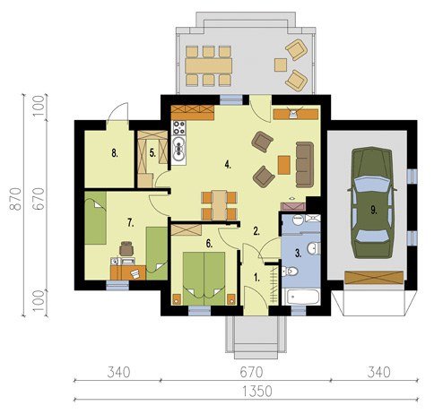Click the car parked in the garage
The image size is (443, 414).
coord(371,203)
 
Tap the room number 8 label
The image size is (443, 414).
coord(115,153)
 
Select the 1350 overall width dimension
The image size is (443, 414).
coord(257,392)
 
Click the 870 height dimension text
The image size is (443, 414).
coord(15,199)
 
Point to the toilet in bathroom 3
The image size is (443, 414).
coord(290,272)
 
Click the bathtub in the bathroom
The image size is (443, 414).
coord(301,297)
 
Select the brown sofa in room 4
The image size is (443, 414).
coord(305,165)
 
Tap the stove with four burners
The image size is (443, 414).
coord(178,127)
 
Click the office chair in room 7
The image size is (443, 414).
coord(126,248)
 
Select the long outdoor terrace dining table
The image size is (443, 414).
coord(208,65)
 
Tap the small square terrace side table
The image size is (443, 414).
coord(281,65)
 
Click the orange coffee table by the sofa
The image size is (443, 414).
coord(284,165)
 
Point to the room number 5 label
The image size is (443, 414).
coord(152,153)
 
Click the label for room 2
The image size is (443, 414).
coord(256,231)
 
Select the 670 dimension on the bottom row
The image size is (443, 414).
coord(251,373)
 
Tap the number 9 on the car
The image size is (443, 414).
coord(374,211)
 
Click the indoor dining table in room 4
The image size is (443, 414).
coord(220,205)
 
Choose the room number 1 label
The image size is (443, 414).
coord(256,278)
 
